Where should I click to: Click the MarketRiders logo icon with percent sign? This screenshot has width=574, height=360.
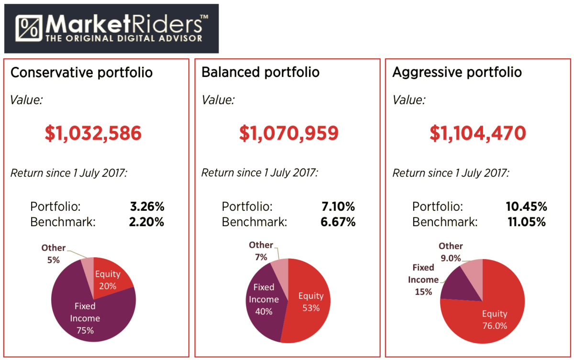point(30,29)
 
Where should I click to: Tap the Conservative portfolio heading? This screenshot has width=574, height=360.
point(82,73)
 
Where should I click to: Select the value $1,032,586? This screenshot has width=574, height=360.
point(93,133)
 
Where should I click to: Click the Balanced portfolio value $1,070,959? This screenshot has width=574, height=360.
point(289,133)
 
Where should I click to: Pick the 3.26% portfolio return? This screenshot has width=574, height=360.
point(147,207)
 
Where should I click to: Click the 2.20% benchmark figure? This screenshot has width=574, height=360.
point(147,222)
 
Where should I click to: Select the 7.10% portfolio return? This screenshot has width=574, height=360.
point(338,207)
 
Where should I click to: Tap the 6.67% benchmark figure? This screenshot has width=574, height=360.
point(338,222)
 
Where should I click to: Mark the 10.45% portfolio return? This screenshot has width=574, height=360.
point(527,207)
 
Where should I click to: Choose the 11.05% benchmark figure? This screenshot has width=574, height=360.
point(527,222)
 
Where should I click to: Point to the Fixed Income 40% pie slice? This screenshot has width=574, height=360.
point(263,299)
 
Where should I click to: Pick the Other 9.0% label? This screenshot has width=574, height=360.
point(451,252)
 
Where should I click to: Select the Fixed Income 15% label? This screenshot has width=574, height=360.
point(423,280)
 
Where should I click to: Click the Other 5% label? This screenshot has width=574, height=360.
point(53,253)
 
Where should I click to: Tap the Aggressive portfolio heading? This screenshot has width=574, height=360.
point(457,73)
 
